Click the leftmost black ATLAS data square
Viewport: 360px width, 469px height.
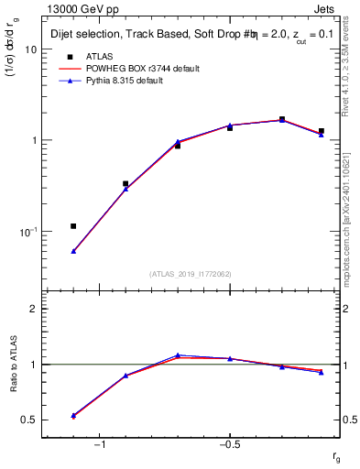click(73, 226)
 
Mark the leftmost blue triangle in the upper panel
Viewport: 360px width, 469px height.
click(73, 251)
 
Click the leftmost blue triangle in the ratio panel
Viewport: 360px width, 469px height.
click(73, 415)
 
